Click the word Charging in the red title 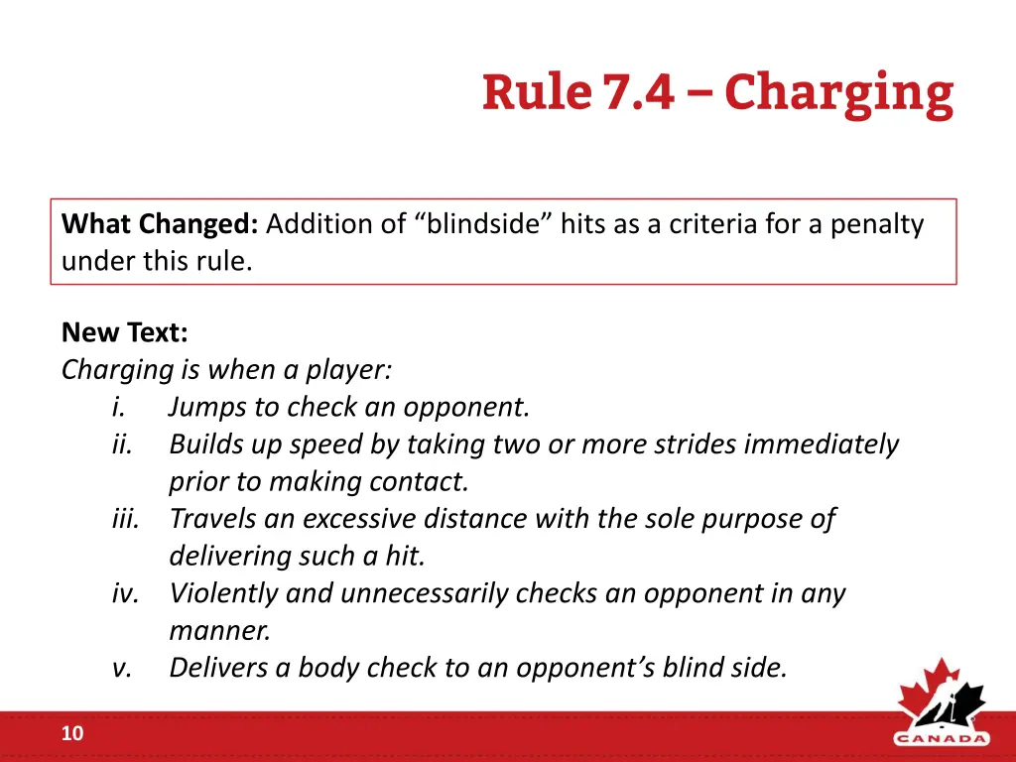pos(838,94)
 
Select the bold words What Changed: pos(160,224)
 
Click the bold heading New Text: pos(124,331)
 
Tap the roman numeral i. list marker pos(119,407)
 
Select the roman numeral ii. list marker pos(122,444)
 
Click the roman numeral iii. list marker pos(125,518)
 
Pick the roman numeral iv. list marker pos(125,593)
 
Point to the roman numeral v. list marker pos(122,668)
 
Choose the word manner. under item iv pos(219,630)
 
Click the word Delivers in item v pos(215,668)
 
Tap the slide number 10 pos(72,734)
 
